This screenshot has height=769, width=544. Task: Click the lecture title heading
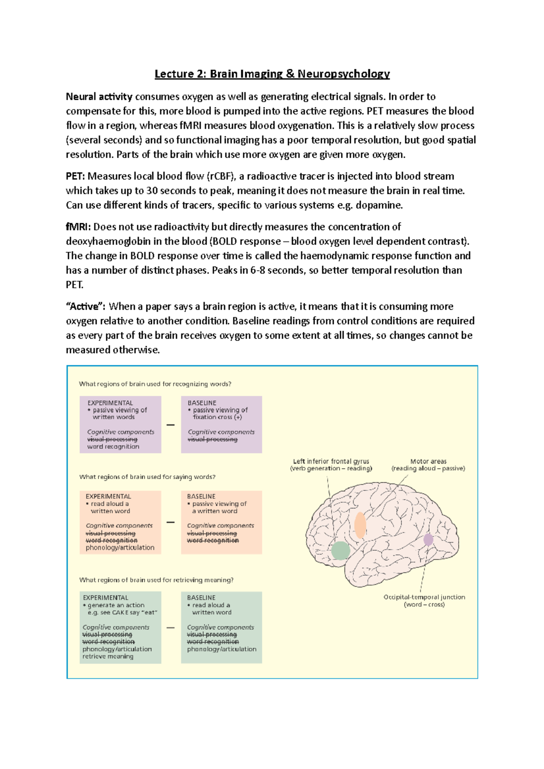pos(272,74)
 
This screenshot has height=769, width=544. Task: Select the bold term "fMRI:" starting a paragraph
pos(78,227)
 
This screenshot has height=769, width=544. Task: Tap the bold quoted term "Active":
pos(86,307)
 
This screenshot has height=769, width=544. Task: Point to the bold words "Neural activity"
pos(99,96)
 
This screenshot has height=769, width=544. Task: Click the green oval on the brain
pos(340,550)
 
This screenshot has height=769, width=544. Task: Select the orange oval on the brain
pos(360,525)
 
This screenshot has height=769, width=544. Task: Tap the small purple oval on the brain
pos(428,539)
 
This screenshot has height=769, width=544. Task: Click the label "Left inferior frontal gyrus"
pos(331,461)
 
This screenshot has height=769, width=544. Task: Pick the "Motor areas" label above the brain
pos(428,461)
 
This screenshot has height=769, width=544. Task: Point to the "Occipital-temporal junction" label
pos(424,597)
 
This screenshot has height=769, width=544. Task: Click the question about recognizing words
pos(155,384)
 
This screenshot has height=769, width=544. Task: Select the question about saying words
pos(147,477)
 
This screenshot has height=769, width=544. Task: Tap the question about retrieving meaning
pos(156,580)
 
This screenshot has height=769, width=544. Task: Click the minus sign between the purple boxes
pos(170,425)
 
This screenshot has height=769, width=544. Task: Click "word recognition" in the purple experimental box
pos(113,447)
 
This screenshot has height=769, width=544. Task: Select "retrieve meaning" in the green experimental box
pos(108,656)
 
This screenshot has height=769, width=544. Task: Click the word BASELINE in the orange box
pos(201,496)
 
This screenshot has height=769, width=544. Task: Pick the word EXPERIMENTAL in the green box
pos(106,598)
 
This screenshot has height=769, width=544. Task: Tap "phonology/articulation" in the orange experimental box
pos(120,548)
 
